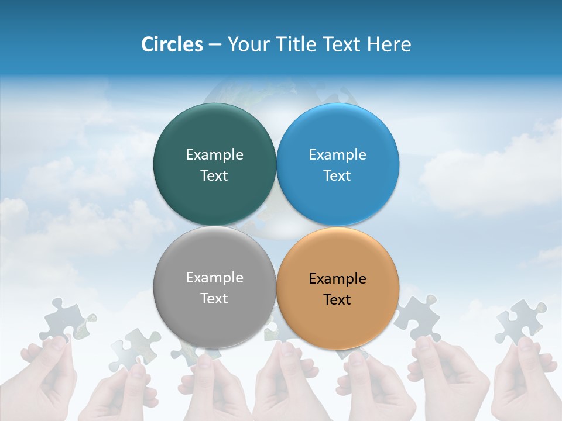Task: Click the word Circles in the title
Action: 172,44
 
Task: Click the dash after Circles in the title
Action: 215,45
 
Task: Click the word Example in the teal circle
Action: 214,154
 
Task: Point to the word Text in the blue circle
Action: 337,175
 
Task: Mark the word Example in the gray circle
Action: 214,277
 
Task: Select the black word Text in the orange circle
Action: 337,299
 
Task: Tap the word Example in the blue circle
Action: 337,154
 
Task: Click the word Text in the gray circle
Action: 214,298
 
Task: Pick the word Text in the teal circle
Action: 214,175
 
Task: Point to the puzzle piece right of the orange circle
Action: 417,318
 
